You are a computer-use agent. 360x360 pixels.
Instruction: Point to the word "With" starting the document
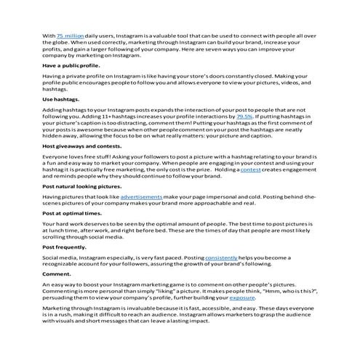click(x=48, y=35)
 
